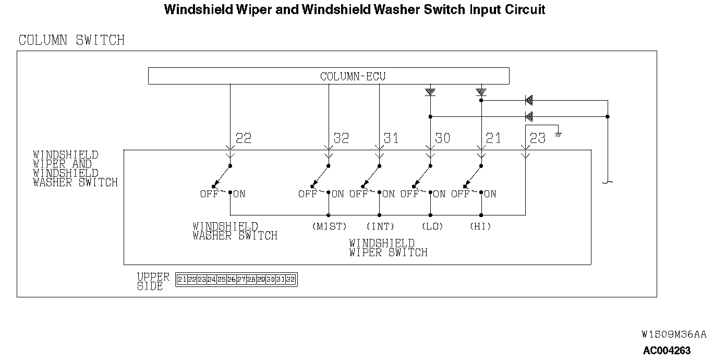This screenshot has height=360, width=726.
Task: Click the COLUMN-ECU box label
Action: (353, 76)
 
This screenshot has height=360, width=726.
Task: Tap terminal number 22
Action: (244, 138)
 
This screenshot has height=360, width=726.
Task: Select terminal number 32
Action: (341, 138)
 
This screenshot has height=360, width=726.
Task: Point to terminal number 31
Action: (391, 138)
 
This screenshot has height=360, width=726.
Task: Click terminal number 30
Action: (442, 138)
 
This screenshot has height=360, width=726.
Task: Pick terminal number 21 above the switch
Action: (493, 138)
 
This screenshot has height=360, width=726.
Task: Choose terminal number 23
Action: (537, 138)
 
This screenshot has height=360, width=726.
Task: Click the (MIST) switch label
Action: (329, 226)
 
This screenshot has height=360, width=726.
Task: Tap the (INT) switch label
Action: (380, 226)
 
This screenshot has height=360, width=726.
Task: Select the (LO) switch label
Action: (432, 226)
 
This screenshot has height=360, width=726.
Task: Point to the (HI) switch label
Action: (480, 226)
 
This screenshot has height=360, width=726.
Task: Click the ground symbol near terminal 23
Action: (558, 134)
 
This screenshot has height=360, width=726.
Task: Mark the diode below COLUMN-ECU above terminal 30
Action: (430, 92)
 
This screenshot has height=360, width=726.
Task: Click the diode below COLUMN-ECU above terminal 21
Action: (481, 92)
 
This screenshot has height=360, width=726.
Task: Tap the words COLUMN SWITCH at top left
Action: (71, 40)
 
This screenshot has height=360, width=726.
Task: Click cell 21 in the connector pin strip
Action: (181, 280)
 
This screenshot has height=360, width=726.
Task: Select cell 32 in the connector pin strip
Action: (291, 280)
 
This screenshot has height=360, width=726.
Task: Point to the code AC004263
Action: (667, 351)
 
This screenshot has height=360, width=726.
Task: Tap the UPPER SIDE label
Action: (153, 281)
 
